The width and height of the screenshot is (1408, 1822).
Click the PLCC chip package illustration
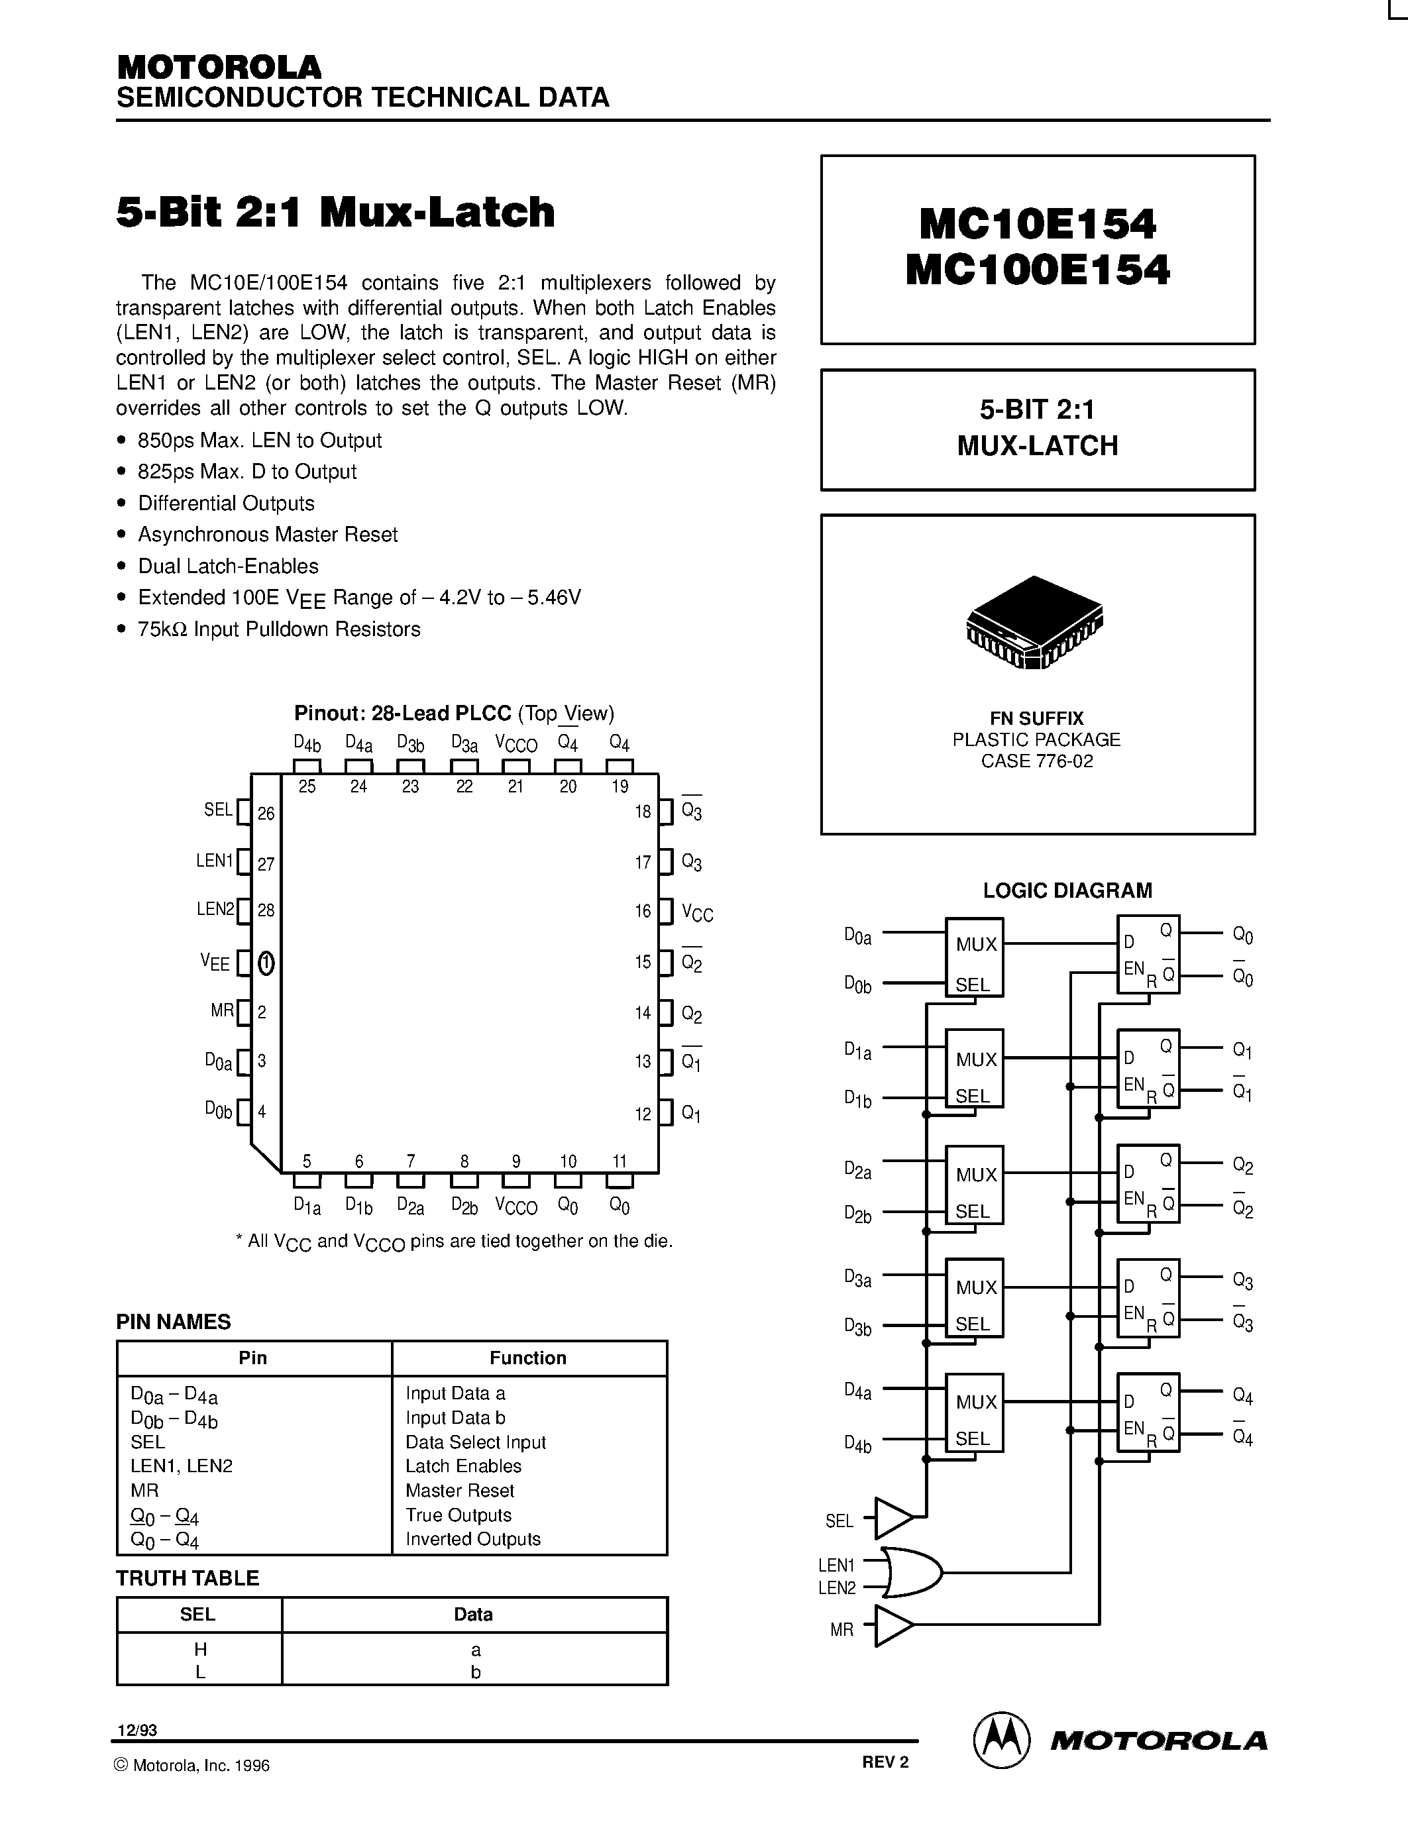[x=1034, y=622]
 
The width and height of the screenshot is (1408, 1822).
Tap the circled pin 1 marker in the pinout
[x=266, y=963]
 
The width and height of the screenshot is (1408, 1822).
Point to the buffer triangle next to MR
[x=893, y=1625]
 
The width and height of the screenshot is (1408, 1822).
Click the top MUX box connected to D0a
[x=974, y=957]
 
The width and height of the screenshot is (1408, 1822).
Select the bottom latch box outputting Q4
[x=1148, y=1413]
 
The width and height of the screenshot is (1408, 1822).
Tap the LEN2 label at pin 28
[x=215, y=909]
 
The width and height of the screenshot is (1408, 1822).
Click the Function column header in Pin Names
[x=528, y=1358]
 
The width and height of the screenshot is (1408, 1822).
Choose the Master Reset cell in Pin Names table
[x=460, y=1490]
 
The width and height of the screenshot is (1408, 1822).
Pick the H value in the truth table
[x=200, y=1649]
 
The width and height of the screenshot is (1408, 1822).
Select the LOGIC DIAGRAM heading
[x=1067, y=890]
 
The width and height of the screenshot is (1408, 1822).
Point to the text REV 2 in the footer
[x=885, y=1762]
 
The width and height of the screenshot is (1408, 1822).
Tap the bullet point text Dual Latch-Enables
[x=228, y=566]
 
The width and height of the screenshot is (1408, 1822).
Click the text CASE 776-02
[x=1037, y=761]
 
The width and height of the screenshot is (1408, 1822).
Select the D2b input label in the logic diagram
[x=857, y=1214]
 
